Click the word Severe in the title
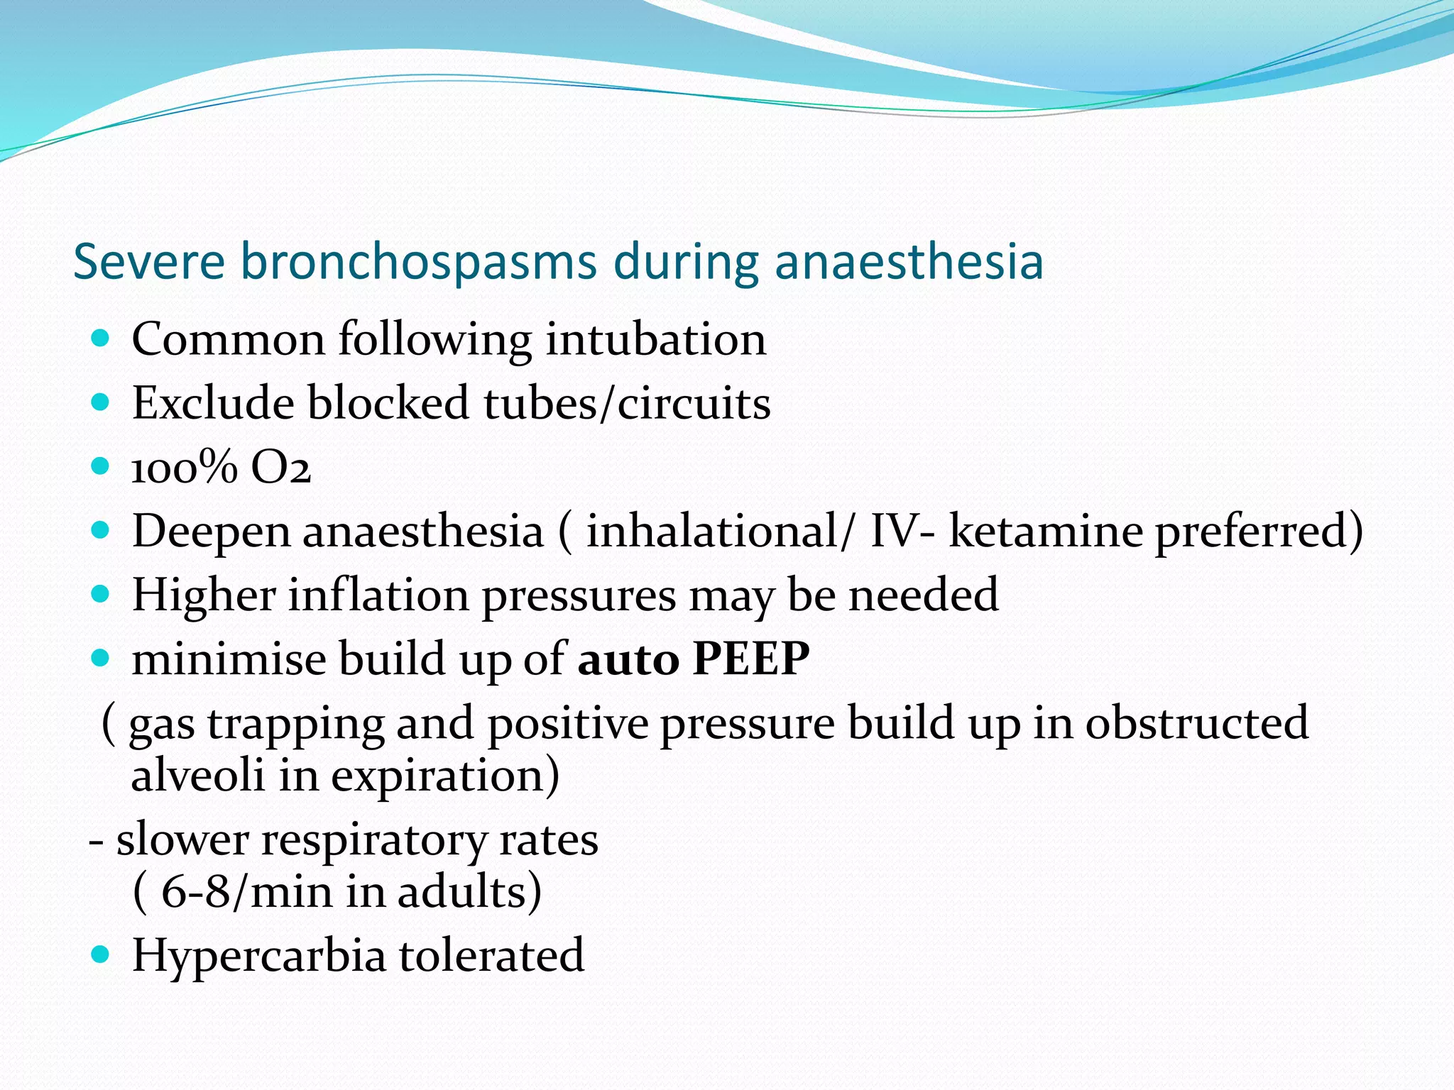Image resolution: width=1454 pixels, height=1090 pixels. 149,262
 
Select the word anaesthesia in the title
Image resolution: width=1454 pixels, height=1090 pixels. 908,262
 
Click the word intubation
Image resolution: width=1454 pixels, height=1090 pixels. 655,339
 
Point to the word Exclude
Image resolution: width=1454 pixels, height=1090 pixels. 213,403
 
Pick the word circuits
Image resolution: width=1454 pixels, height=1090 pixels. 694,403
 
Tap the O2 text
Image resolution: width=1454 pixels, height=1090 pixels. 281,468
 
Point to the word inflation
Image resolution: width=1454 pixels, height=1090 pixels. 378,595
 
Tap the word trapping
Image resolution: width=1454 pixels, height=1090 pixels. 295,725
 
